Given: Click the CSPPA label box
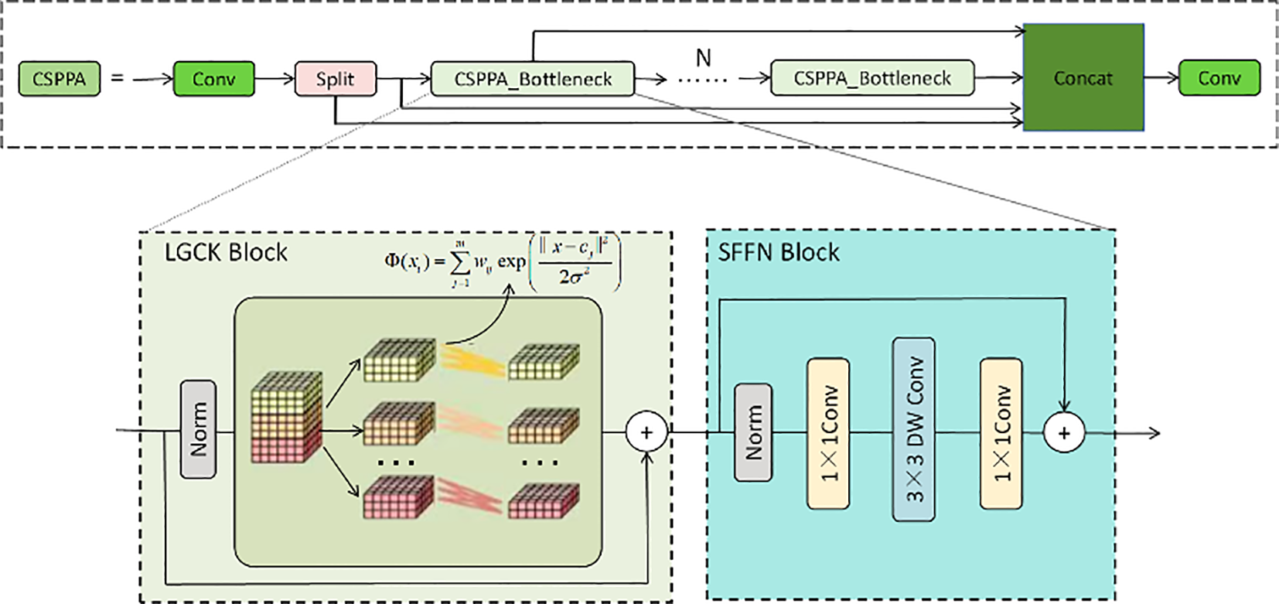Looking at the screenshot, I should [x=59, y=79].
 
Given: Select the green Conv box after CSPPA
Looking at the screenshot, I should [x=213, y=79].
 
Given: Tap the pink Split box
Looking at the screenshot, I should [x=335, y=79].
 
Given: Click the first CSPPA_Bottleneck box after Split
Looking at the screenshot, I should [x=532, y=79].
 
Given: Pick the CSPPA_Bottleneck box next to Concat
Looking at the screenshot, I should [x=871, y=78].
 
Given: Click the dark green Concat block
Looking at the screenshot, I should [x=1083, y=77].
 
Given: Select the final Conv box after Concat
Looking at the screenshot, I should [x=1219, y=78].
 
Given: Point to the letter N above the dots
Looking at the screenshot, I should [x=703, y=58].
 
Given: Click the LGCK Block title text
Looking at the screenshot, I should [x=226, y=253].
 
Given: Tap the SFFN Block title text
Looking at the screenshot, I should [x=778, y=253].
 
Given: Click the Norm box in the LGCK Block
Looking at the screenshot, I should [x=198, y=428].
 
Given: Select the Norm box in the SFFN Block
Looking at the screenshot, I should [x=752, y=432].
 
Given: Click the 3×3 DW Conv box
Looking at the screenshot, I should [x=913, y=429].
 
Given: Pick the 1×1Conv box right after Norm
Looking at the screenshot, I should [x=827, y=433].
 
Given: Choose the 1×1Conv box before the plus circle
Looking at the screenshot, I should [x=1001, y=433].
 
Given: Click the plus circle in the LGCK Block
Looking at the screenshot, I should [x=646, y=432].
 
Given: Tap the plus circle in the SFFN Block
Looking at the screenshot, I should [x=1063, y=432].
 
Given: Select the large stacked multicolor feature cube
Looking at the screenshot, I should [x=286, y=418].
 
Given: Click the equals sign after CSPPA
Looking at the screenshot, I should [x=118, y=78].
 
